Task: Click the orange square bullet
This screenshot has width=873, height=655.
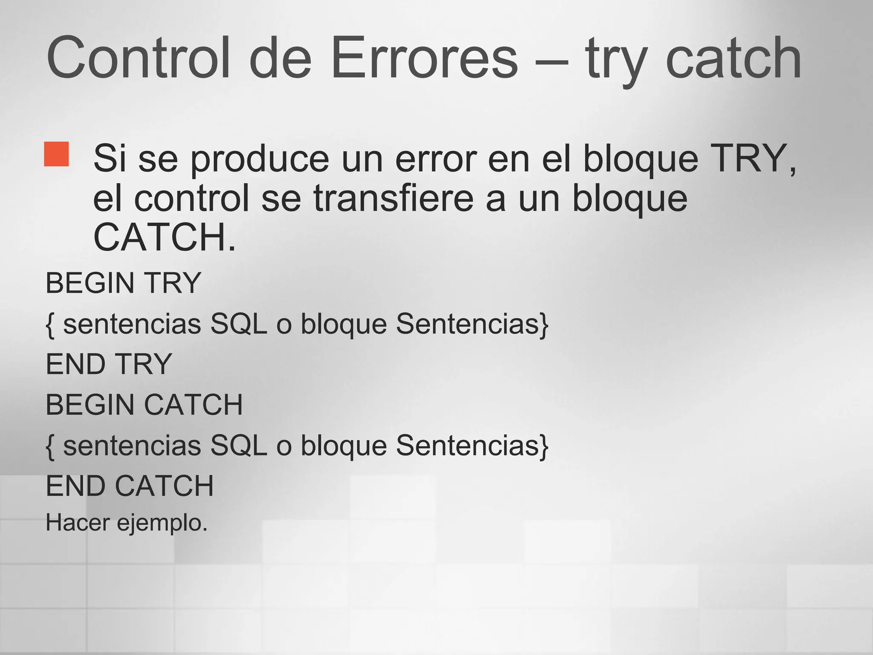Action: [x=56, y=154]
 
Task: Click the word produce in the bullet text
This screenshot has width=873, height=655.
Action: [x=260, y=159]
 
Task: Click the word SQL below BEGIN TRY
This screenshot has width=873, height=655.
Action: [x=238, y=324]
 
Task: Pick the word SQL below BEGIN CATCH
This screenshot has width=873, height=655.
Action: [x=238, y=446]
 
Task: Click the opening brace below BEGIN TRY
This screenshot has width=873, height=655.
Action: [x=50, y=325]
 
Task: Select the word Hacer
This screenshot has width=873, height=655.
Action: [x=78, y=522]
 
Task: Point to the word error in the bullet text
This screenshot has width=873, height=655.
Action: [x=436, y=159]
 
